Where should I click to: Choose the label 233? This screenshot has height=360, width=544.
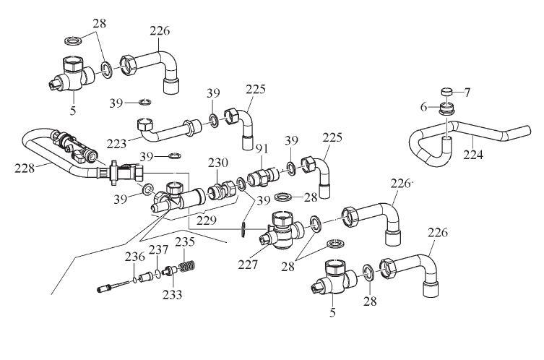[x=173, y=294]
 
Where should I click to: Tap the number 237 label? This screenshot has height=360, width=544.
[x=159, y=250]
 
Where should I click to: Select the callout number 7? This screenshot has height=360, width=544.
[x=466, y=93]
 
